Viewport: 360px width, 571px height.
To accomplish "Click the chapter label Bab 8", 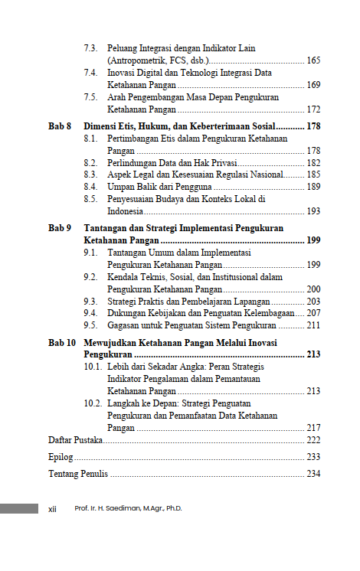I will coord(60,126).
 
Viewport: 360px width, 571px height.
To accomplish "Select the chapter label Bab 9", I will coord(60,229).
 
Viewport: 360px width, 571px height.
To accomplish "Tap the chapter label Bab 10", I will coord(61,343).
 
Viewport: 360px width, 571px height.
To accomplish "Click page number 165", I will coord(313,60).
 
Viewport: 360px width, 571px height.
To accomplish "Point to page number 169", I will coord(313,85).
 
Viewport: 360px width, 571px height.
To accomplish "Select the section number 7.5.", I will coord(90,98).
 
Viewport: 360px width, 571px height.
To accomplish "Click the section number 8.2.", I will coord(90,163).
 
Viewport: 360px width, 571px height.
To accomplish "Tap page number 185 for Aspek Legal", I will coord(313,175).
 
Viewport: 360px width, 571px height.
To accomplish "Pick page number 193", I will coord(313,211).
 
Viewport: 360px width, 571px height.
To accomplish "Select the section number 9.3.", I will coord(90,302).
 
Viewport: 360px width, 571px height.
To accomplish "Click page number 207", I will coord(313,313).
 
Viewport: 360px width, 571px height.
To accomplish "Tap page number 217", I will coord(313,428).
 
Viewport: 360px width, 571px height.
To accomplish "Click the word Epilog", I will coord(61,457).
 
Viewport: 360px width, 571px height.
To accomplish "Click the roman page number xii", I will coord(53,509).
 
